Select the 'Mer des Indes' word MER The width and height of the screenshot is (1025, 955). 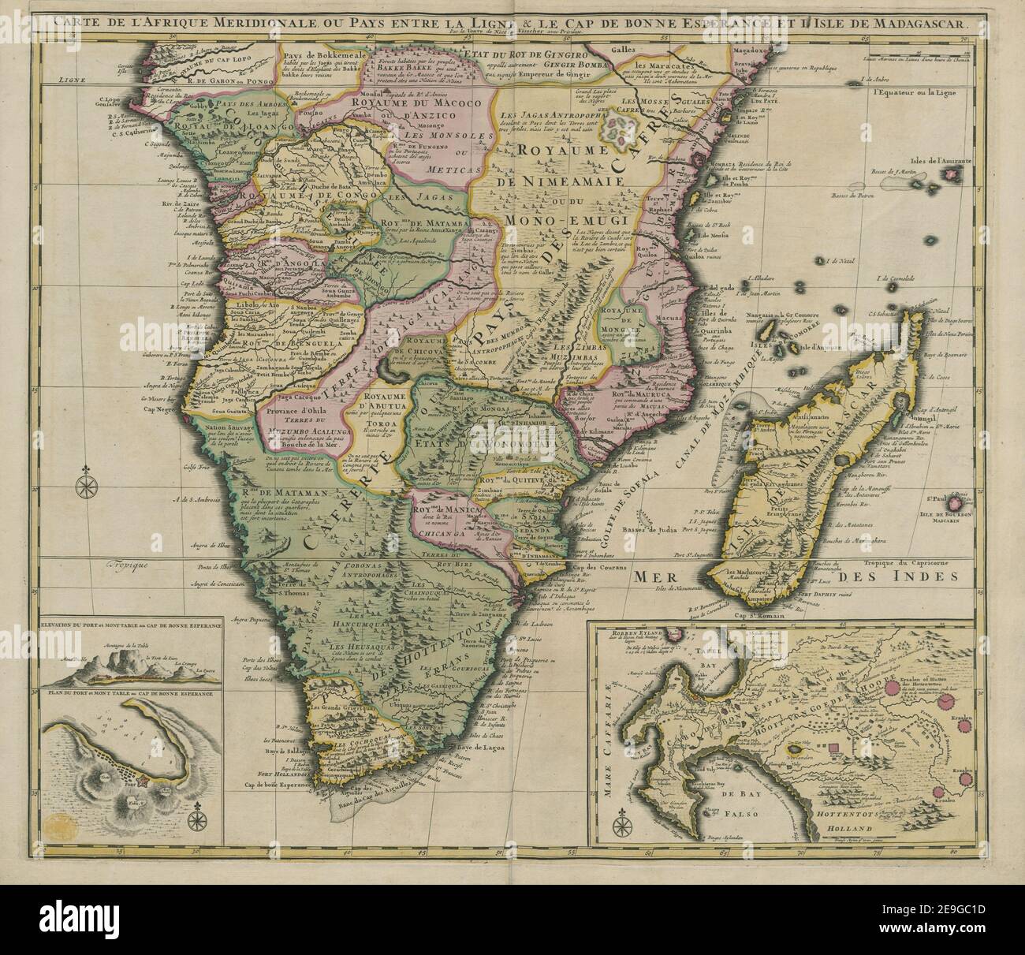660,578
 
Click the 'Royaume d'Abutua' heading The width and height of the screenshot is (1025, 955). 388,399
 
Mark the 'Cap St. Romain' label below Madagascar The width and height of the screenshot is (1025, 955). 754,617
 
